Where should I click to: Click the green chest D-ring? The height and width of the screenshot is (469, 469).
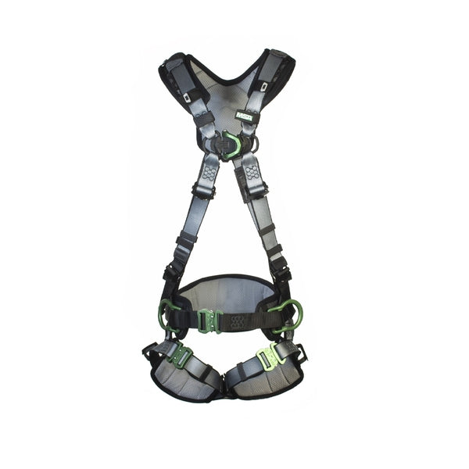point(232,145)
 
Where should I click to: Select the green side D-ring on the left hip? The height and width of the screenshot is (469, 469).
point(167,315)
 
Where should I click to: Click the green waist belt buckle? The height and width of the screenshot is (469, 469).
point(208,320)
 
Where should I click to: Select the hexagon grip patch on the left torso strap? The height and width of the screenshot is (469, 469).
point(209,173)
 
